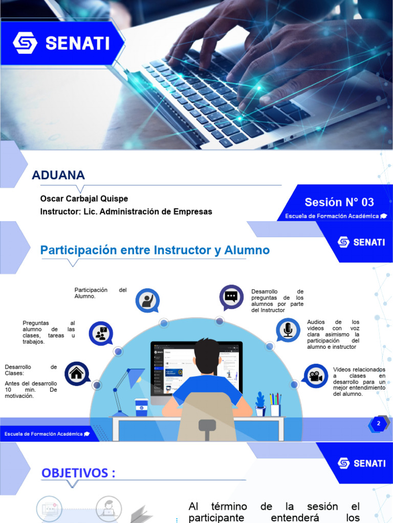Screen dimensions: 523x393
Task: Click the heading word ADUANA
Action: click(x=58, y=175)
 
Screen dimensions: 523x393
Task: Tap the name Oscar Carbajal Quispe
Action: click(x=84, y=199)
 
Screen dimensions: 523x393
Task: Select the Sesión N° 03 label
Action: click(x=339, y=202)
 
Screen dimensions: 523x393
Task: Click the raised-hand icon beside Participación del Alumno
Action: click(x=147, y=301)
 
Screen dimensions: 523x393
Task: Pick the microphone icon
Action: click(x=288, y=330)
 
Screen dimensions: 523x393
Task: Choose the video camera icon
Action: click(x=315, y=376)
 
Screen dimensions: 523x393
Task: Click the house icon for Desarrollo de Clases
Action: click(x=77, y=373)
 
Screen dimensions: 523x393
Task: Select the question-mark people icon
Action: click(x=101, y=334)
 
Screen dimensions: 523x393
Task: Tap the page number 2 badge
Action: click(x=379, y=423)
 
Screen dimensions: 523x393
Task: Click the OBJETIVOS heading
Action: click(x=78, y=473)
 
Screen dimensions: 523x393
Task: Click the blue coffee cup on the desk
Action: click(x=141, y=407)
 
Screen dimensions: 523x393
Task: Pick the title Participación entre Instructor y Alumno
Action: click(x=155, y=250)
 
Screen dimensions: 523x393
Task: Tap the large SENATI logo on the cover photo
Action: click(x=61, y=43)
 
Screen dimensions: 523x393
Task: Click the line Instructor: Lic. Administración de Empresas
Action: click(x=126, y=211)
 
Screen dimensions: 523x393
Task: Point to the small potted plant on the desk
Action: click(x=260, y=404)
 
